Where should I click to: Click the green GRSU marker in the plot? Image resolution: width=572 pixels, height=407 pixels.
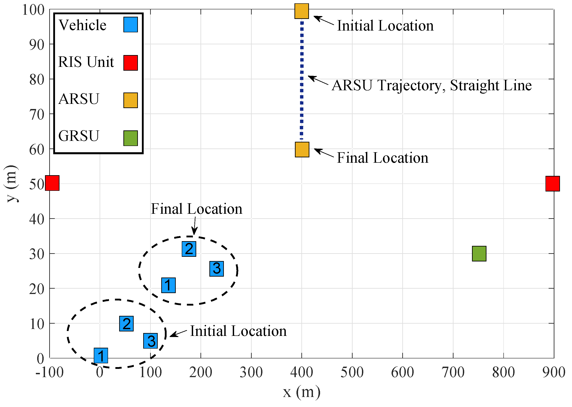479,254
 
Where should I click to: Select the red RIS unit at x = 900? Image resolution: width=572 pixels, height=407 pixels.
552,184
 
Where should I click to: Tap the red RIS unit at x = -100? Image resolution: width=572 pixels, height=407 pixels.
52,183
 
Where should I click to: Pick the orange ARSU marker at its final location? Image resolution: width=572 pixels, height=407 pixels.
302,150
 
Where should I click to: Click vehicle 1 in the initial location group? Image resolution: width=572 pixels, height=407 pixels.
101,355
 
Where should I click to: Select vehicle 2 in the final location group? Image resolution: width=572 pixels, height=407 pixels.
189,249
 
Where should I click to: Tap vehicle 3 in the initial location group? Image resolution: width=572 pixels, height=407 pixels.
151,341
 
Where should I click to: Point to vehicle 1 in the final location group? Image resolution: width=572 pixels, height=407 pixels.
168,285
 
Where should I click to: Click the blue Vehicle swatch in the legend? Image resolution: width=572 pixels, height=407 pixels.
131,25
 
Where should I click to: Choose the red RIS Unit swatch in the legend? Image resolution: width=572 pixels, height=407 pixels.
131,63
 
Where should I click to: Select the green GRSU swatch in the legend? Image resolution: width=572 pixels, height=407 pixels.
131,138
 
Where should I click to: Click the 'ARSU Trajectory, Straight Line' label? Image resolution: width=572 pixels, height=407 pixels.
431,85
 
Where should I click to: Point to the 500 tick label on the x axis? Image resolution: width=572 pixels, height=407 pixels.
352,372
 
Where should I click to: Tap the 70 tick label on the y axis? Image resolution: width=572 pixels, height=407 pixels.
37,115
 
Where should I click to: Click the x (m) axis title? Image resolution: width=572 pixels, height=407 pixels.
302,392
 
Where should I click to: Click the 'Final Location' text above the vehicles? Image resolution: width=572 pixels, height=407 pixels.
197,209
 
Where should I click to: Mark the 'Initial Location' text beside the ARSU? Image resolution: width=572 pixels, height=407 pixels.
385,26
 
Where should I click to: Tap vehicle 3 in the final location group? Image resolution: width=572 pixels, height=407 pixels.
217,269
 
